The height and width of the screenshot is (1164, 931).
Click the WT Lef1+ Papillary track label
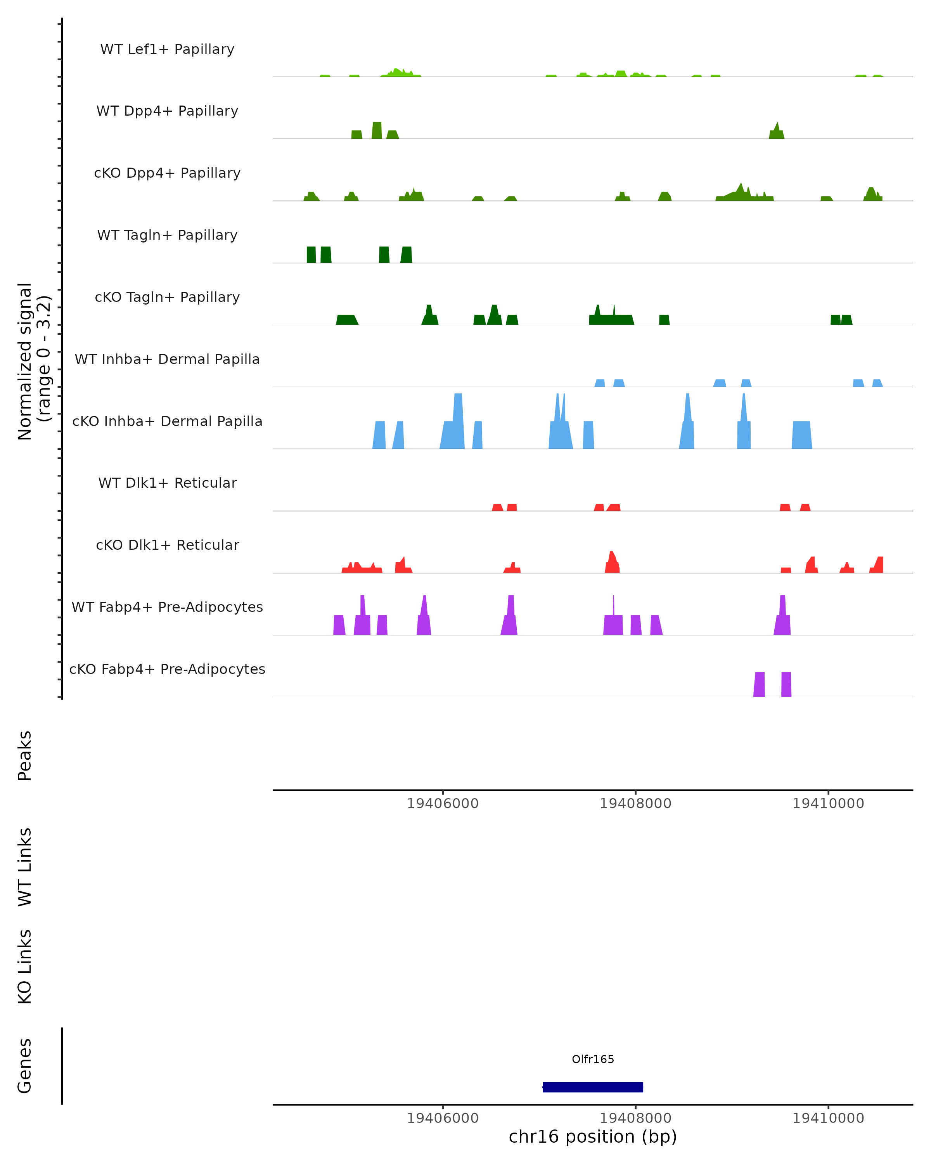click(x=167, y=49)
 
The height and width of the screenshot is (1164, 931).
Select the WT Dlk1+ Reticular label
click(x=167, y=483)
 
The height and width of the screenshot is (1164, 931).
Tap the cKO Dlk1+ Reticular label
click(x=167, y=545)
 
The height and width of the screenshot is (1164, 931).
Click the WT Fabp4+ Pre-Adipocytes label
click(x=167, y=607)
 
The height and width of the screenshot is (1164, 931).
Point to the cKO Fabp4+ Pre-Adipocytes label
click(x=167, y=669)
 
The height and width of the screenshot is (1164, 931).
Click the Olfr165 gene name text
click(x=593, y=1059)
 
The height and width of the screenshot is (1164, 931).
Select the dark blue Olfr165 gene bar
click(x=593, y=1087)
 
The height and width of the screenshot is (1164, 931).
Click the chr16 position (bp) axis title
click(x=593, y=1136)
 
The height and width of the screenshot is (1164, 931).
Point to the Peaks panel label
click(x=25, y=755)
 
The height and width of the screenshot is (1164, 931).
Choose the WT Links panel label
click(x=25, y=866)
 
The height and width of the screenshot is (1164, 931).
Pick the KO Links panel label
click(x=25, y=967)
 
